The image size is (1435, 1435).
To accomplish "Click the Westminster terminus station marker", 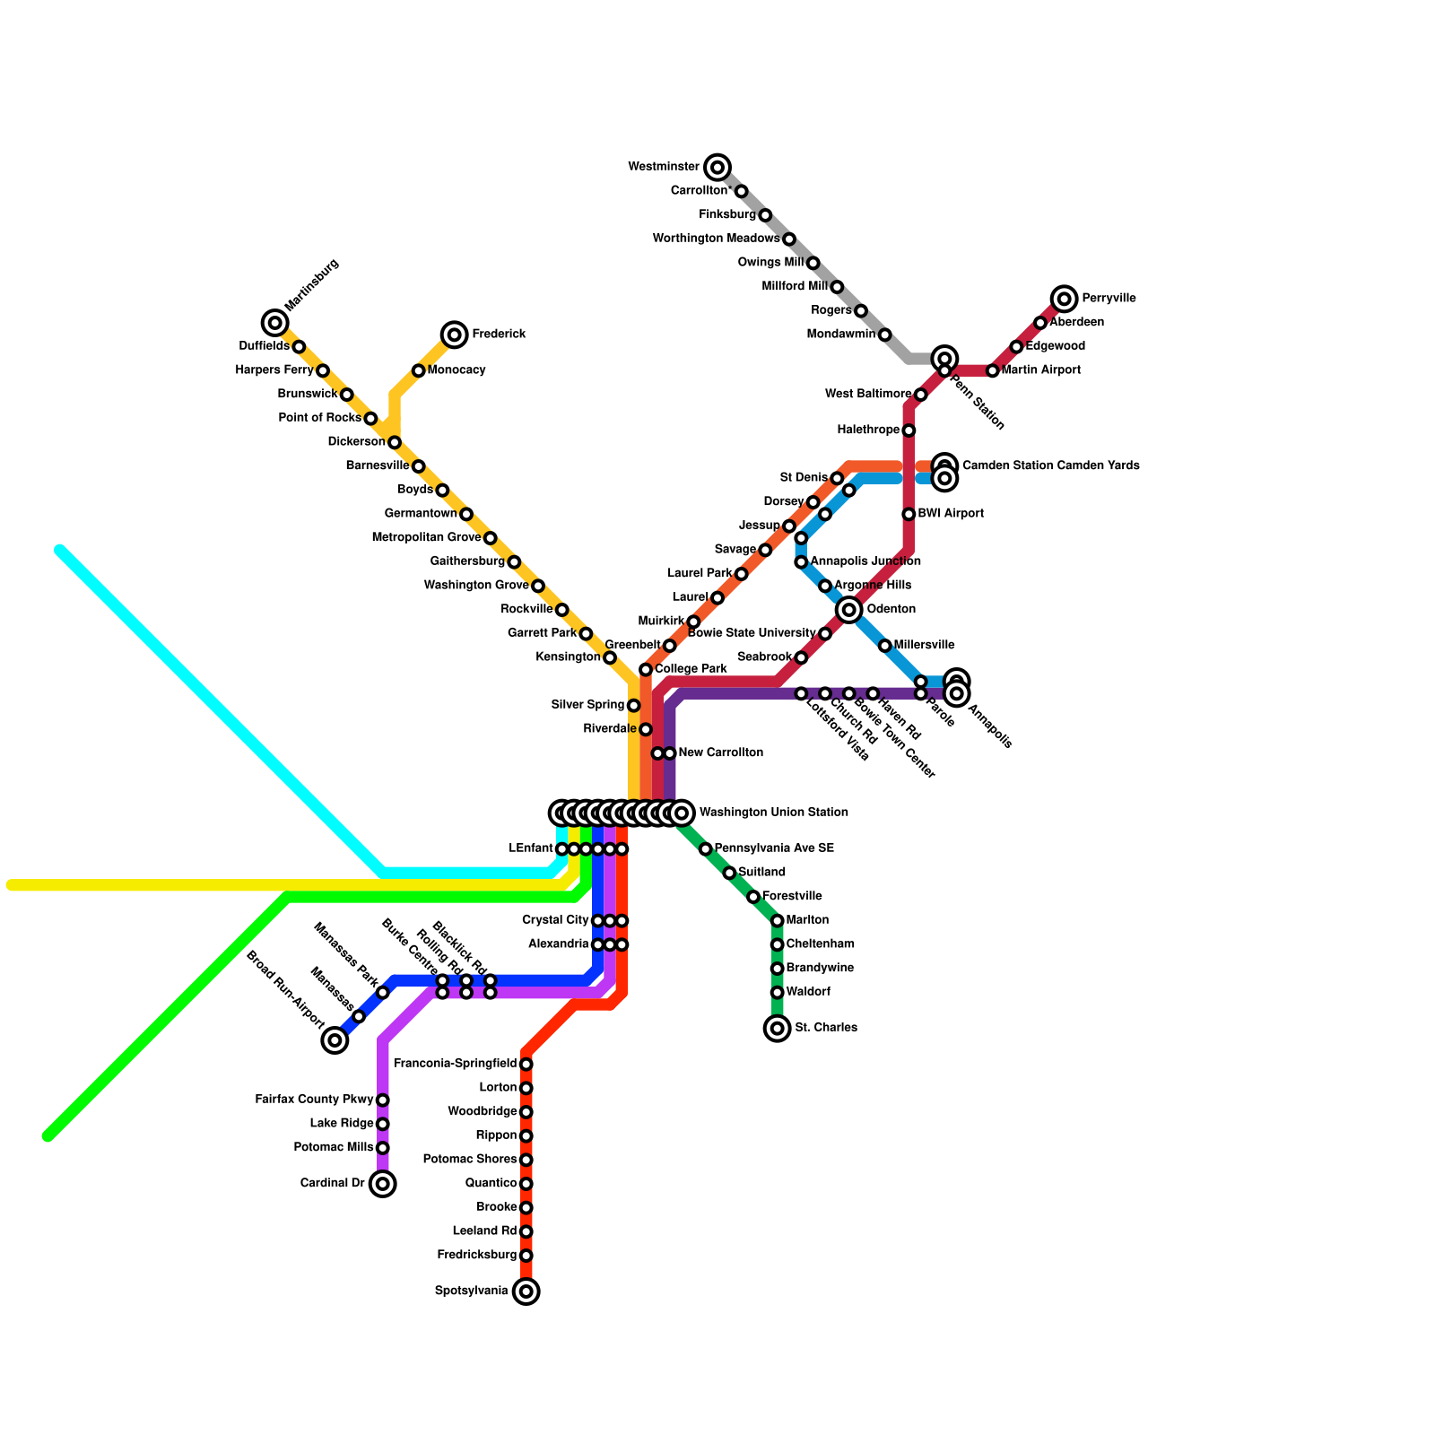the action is point(717,167).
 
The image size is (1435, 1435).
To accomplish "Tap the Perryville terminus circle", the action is point(1064,299).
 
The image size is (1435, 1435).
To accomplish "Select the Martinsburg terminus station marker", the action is point(275,323).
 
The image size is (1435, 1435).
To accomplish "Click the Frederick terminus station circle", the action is point(455,335).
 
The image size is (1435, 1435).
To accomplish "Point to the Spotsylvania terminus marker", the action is point(526,1291).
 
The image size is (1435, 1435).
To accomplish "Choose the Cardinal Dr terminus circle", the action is point(383,1184).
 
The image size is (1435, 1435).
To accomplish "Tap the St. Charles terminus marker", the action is point(778,1028).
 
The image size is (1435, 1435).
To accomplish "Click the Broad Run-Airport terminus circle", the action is point(335,1040).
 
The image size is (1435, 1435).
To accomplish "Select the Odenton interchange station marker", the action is point(849,610).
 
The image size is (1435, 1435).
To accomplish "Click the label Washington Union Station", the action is point(773,813).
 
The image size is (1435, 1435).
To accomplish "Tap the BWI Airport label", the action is point(951,514).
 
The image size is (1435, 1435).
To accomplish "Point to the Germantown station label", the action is point(421,514).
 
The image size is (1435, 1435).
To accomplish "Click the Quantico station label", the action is point(491,1184).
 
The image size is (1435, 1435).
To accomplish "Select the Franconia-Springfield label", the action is point(455,1064).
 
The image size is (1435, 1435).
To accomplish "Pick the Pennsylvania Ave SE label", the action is point(774,848).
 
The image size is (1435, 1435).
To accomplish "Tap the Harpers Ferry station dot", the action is point(323,370).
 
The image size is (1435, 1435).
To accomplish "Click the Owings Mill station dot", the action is point(813,263).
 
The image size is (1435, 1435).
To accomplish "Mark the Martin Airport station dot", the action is point(992,370).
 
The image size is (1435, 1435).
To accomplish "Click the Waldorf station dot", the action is point(778,992).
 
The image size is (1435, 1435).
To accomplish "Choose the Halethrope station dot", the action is point(909,430).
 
